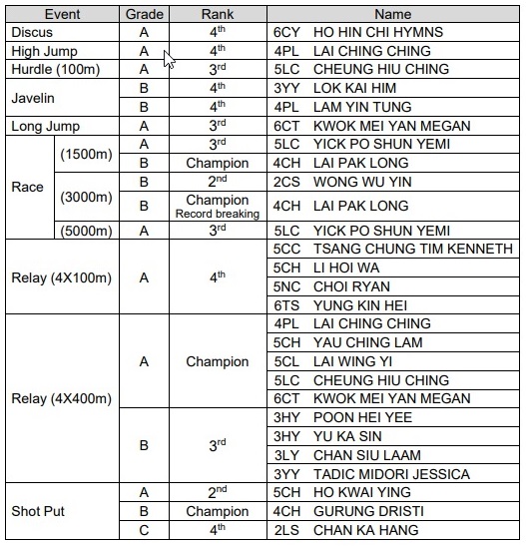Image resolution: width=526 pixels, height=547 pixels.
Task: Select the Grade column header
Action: (x=144, y=15)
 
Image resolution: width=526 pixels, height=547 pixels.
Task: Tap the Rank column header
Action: (x=218, y=15)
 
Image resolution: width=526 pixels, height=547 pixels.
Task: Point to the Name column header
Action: (x=393, y=15)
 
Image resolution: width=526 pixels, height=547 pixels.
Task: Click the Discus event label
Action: (x=33, y=32)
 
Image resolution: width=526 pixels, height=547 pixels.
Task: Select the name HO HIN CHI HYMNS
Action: (x=378, y=32)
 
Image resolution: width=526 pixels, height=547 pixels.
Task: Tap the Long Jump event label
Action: (x=45, y=127)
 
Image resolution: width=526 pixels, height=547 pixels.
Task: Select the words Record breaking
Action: (x=217, y=213)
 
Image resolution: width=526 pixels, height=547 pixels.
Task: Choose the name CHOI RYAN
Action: (x=351, y=285)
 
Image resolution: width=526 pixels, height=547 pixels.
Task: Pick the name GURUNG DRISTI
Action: (x=365, y=511)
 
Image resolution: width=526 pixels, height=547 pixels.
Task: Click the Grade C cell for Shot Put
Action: (x=144, y=530)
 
